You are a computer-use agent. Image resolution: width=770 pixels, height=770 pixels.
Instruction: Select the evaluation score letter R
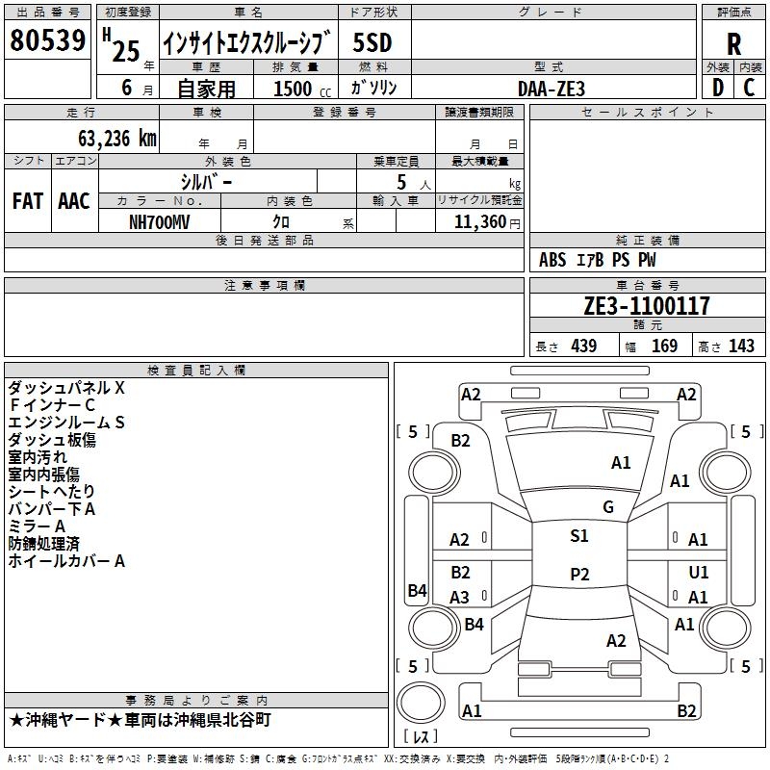point(733,43)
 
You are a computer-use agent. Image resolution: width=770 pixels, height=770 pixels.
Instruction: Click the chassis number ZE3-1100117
point(647,306)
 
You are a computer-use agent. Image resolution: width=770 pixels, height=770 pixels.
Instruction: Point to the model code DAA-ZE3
point(551,88)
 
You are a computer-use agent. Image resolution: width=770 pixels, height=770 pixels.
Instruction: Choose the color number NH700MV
point(160,221)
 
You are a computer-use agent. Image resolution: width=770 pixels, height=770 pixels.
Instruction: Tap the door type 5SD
point(372,42)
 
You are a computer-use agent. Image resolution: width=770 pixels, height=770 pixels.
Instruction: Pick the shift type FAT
point(27,201)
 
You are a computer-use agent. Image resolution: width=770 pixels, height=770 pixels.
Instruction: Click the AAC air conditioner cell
point(74,201)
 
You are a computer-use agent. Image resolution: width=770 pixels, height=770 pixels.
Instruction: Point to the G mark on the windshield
point(607,507)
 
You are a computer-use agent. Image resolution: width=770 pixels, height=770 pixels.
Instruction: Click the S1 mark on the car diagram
point(578,536)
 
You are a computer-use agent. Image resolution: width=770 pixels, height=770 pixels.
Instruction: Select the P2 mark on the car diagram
point(578,575)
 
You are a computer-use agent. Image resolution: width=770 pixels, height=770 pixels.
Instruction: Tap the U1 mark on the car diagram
point(699,573)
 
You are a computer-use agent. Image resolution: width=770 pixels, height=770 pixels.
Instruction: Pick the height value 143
point(741,346)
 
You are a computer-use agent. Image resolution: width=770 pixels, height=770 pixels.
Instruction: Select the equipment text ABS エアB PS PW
point(598,260)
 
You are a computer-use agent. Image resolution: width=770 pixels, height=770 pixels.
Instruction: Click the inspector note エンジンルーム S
point(67,423)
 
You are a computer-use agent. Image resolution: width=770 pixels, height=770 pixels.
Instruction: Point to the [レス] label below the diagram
point(422,737)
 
